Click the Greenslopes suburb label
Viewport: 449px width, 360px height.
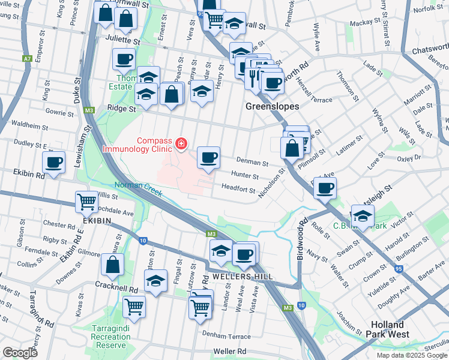(273, 106)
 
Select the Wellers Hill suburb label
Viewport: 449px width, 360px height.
(243, 277)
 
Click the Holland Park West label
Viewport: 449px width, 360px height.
(390, 329)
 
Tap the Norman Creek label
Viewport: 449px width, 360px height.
(138, 186)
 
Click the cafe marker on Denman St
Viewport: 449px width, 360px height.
(208, 158)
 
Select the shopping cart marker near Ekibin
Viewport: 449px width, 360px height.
(87, 202)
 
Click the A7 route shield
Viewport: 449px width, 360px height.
(27, 59)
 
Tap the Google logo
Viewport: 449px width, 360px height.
(20, 353)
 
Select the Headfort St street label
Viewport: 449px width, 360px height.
(238, 189)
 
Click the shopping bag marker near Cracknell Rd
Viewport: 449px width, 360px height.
(113, 265)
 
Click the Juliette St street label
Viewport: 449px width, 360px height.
(123, 43)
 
